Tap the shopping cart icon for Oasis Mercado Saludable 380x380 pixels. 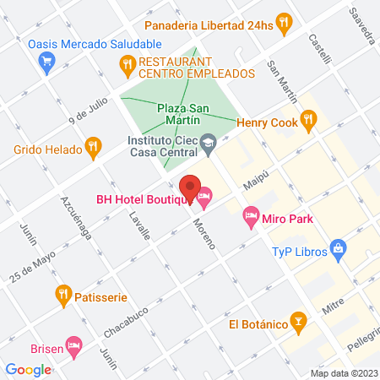[47, 61]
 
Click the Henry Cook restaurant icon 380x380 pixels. [308, 122]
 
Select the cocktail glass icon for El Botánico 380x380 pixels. [297, 322]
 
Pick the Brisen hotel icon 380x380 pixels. [74, 345]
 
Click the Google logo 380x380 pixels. [27, 369]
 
